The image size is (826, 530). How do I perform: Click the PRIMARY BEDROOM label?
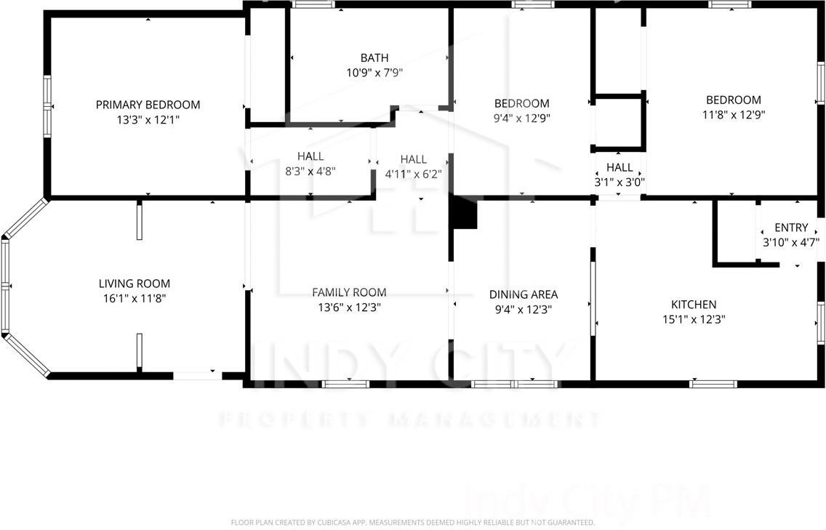[148, 105]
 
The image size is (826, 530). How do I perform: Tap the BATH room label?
[374, 58]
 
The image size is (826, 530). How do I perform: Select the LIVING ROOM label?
[135, 284]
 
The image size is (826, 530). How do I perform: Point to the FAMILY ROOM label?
[349, 292]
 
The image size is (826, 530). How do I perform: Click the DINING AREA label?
[524, 294]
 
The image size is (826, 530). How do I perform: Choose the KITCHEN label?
[694, 305]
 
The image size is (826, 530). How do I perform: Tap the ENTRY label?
[791, 228]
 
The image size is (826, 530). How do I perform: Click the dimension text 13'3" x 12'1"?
[148, 119]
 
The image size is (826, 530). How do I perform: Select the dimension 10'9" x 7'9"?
[374, 73]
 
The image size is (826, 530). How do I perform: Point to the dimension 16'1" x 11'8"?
[135, 298]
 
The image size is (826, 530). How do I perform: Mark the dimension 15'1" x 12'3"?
[694, 318]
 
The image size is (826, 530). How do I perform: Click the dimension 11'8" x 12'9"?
[734, 114]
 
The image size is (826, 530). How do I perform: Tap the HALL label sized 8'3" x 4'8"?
[310, 156]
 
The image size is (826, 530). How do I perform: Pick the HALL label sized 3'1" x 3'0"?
[619, 167]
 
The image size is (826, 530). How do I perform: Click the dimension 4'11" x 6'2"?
[413, 174]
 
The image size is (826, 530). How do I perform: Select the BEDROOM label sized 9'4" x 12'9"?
[521, 103]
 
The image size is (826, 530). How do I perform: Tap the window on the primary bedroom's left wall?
[47, 106]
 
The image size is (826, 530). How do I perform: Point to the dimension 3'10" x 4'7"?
[791, 242]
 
